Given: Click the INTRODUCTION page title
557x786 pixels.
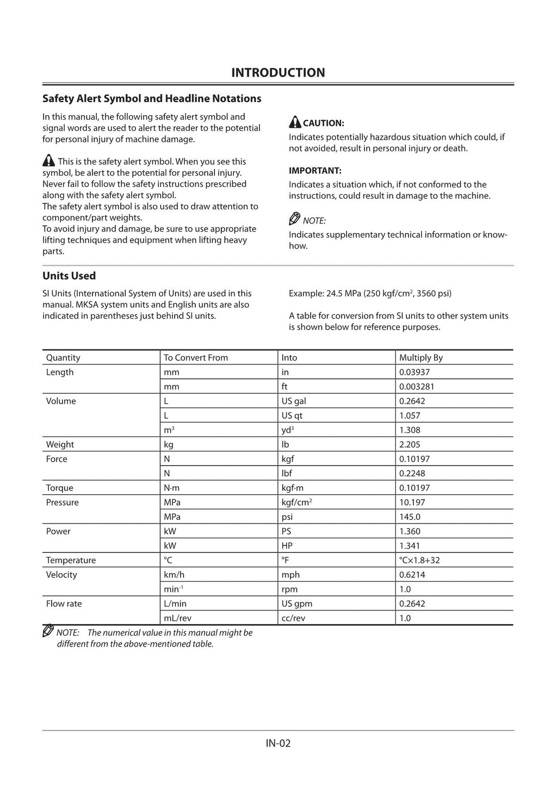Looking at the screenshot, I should coord(278,73).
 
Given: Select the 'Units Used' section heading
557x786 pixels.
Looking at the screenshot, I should coord(69,276).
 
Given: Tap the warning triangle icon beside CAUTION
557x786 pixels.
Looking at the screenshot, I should coord(295,122).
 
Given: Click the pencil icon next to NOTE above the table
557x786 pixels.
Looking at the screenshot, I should coord(294,219).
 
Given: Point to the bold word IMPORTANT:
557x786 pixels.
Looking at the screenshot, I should coord(315,171).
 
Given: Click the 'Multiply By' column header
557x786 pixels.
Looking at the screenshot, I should coord(420,357).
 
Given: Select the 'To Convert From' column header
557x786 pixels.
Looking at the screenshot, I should coord(196,357).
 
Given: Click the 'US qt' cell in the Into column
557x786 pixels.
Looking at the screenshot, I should coord(291,416).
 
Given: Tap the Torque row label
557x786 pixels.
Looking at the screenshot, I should coord(60,488).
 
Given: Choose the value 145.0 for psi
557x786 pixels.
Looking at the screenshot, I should coord(410,517).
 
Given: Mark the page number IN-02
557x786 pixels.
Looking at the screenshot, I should coord(278,743).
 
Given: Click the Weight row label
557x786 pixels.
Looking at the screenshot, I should coord(60,444).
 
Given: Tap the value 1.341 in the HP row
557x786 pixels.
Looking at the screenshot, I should coord(410,546).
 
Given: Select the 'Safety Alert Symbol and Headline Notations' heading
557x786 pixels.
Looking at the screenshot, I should coord(152,99).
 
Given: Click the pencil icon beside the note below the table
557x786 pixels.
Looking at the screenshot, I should coord(48,631).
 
